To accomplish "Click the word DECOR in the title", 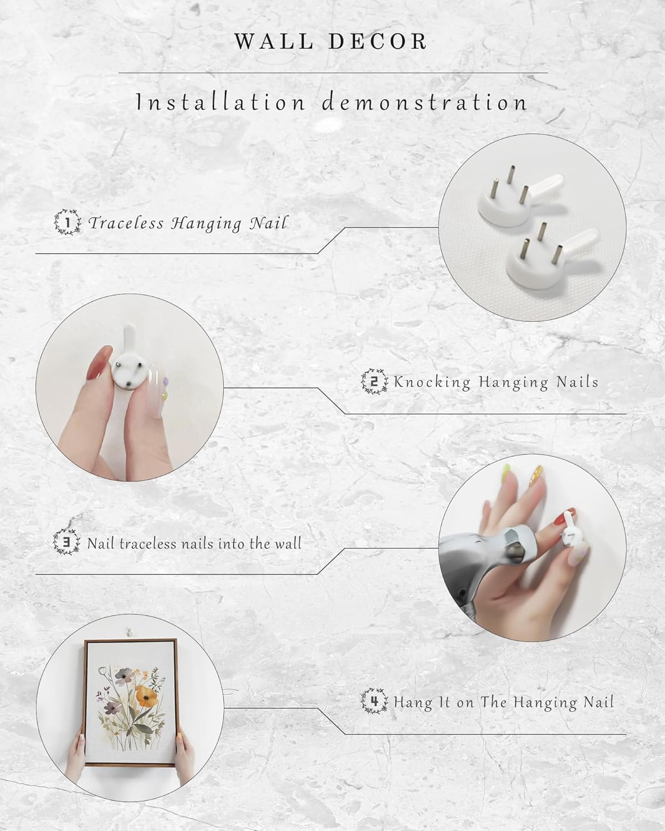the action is coord(378,42).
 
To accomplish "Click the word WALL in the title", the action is coord(274,42).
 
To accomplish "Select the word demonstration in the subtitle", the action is coord(424,102).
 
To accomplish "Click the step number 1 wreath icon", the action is coord(68,222).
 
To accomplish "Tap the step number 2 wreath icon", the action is coord(374,382).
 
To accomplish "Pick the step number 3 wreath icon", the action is coord(66,542).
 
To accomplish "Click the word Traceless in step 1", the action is coord(126,223).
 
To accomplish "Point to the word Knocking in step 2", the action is coord(432,382).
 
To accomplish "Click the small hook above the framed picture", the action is coord(129,632).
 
